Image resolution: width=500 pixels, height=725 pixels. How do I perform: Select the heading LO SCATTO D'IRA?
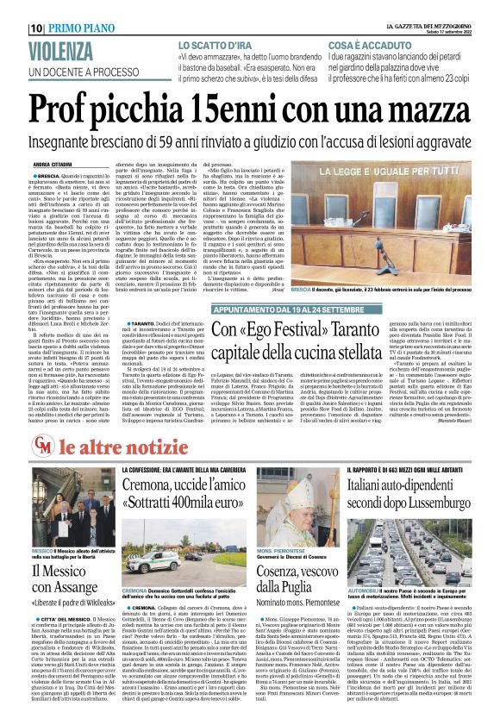(x=216, y=44)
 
